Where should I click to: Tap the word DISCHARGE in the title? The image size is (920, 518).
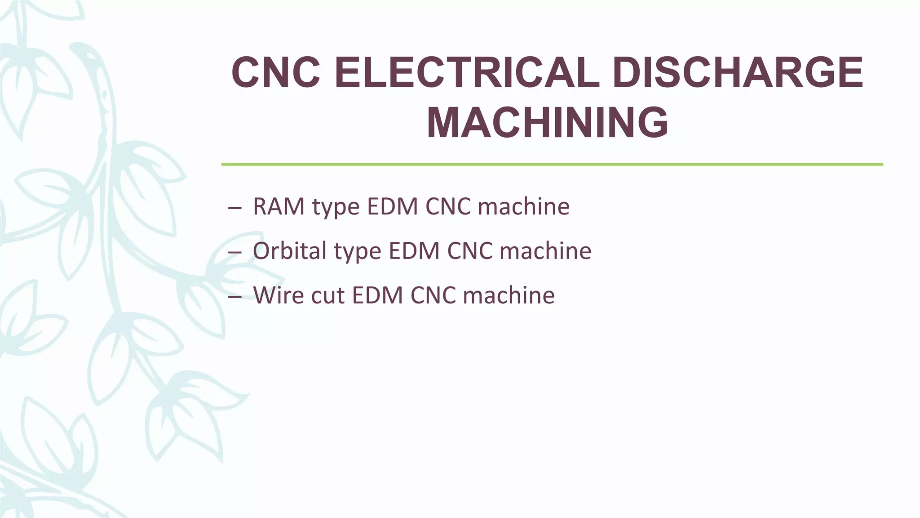tap(737, 73)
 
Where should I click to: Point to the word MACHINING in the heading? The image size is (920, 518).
tap(547, 123)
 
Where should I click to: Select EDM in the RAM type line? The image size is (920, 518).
tap(392, 207)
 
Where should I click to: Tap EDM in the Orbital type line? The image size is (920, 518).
tap(414, 251)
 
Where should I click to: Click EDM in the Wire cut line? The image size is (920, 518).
tap(377, 295)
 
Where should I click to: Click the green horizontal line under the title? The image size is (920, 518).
tap(552, 165)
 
